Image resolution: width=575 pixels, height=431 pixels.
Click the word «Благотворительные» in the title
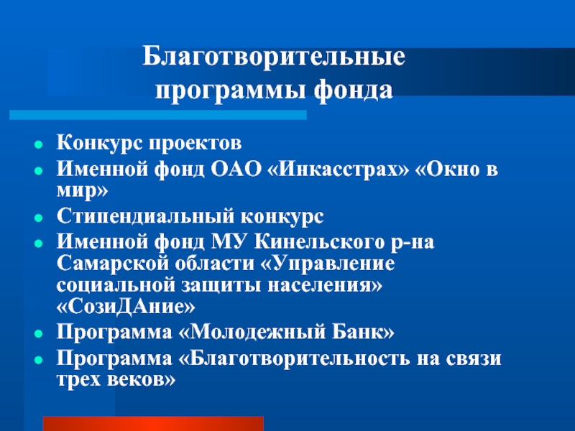point(274,57)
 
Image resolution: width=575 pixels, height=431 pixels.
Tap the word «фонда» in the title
point(353,90)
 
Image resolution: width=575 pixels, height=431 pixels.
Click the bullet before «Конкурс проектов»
point(38,145)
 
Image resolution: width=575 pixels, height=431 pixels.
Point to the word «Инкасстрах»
point(338,170)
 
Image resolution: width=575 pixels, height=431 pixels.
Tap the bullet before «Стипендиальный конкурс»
point(38,218)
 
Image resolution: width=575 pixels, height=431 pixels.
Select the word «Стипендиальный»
point(146,216)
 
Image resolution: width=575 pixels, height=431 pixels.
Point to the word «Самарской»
point(113,264)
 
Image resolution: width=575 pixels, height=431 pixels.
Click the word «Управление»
point(328,264)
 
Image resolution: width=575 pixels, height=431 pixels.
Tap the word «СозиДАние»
point(126,307)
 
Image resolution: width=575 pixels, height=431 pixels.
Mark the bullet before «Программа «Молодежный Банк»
point(38,334)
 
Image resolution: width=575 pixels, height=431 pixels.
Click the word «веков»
point(142,380)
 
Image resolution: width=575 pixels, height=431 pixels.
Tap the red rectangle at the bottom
point(153,424)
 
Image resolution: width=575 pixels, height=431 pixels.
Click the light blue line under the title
point(158,115)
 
